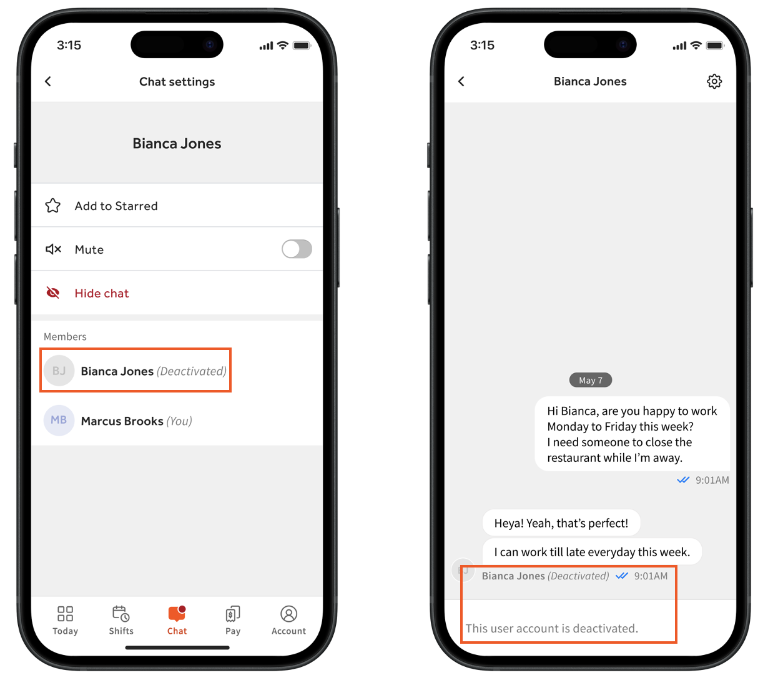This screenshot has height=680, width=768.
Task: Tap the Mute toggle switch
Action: (297, 249)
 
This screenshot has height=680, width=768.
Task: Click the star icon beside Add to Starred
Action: (52, 206)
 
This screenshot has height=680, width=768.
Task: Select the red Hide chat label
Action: (102, 293)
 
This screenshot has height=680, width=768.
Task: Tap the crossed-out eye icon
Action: (52, 292)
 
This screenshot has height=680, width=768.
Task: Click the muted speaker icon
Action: (53, 249)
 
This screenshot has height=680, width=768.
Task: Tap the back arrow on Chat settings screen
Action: (47, 81)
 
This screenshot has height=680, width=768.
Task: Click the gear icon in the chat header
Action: (714, 81)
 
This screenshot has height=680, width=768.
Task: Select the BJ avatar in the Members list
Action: (59, 371)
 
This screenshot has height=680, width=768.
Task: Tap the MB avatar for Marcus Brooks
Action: (59, 420)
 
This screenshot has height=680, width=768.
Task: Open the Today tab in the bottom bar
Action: (65, 620)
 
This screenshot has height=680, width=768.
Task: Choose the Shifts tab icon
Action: (121, 614)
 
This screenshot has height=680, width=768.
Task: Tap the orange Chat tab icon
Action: (177, 614)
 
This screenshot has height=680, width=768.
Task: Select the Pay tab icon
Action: (233, 614)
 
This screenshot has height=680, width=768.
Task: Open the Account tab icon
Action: (288, 614)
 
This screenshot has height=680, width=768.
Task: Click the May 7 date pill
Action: (590, 380)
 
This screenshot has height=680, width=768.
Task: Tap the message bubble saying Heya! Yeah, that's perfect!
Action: (561, 523)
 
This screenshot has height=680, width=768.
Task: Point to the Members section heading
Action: (65, 337)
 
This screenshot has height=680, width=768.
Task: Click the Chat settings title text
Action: (177, 82)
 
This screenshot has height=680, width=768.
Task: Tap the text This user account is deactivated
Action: (551, 628)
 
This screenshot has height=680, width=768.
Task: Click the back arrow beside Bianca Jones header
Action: (461, 81)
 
